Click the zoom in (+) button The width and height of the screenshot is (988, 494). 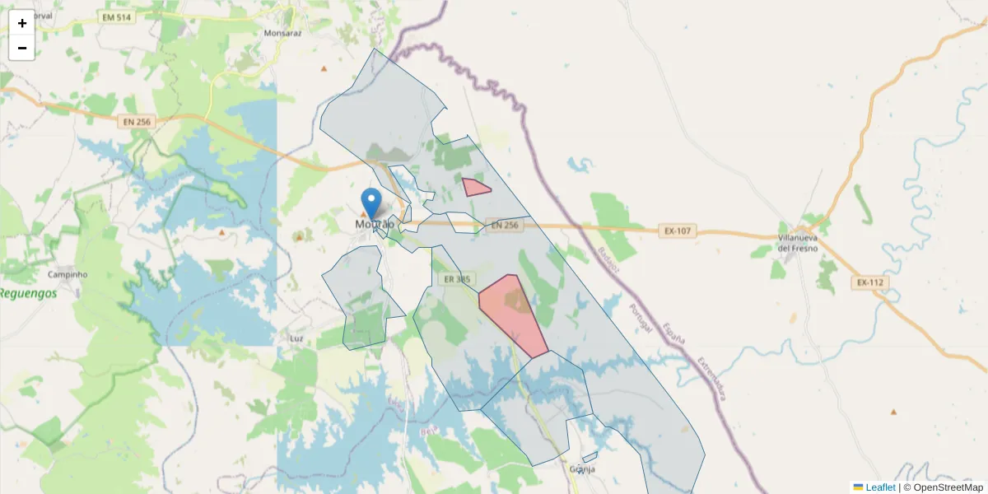22,23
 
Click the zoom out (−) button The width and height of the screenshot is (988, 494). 22,48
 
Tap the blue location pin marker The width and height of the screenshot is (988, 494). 372,203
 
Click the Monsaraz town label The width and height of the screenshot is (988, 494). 284,34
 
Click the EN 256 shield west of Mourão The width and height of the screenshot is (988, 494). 137,122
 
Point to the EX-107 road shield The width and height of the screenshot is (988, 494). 677,231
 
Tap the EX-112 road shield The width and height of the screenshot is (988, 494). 869,283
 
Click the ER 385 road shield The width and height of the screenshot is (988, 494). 457,280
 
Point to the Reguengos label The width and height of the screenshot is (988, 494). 28,293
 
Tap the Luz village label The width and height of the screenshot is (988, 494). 297,338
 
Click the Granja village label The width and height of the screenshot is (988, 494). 581,469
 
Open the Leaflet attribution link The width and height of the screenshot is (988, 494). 880,487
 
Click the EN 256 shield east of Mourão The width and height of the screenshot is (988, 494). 503,226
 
